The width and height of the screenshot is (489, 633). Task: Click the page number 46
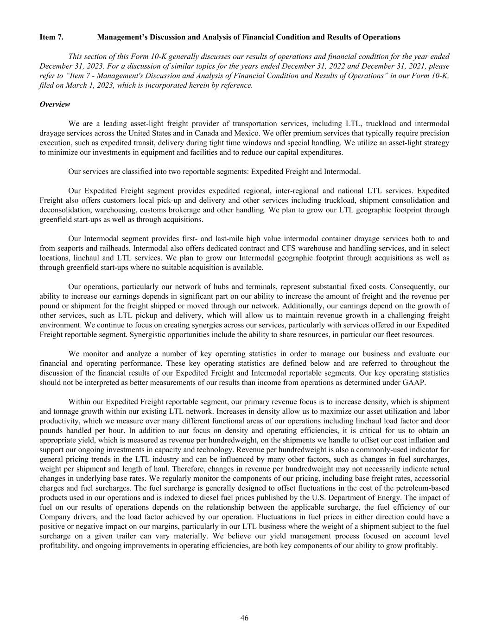244,618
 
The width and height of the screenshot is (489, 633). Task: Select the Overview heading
55,104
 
